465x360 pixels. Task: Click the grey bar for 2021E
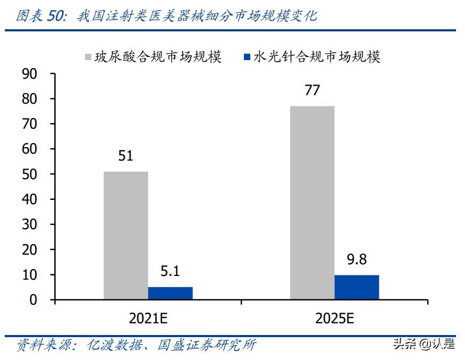tap(126, 236)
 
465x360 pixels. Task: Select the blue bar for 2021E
tap(170, 293)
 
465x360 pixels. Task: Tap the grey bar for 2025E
tap(312, 203)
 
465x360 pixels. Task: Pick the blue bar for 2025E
tap(357, 287)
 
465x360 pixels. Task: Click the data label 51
tap(126, 156)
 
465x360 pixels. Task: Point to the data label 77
tap(312, 90)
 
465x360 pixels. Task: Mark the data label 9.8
tap(357, 260)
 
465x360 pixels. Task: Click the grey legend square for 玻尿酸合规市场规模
tap(88, 57)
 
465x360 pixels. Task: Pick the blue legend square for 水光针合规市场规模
tap(247, 57)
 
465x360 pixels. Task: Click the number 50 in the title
tap(56, 16)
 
